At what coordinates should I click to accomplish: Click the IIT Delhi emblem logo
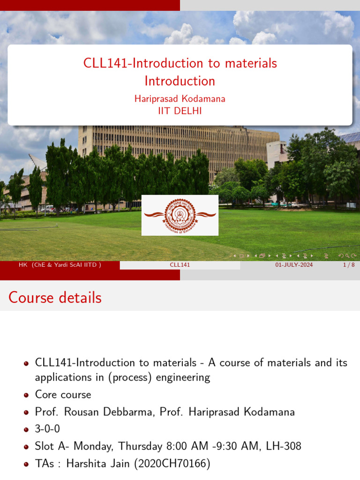pyautogui.click(x=180, y=215)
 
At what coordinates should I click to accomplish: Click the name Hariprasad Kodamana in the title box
pyautogui.click(x=180, y=99)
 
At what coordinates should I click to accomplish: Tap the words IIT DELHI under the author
pyautogui.click(x=180, y=111)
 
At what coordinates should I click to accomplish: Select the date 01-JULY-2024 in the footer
pyautogui.click(x=294, y=265)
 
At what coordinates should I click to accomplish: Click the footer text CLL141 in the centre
pyautogui.click(x=180, y=265)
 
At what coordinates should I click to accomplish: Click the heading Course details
pyautogui.click(x=55, y=298)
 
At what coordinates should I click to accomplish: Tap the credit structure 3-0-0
pyautogui.click(x=47, y=429)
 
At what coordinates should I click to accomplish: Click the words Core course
pyautogui.click(x=63, y=394)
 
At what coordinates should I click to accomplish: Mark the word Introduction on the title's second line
pyautogui.click(x=180, y=81)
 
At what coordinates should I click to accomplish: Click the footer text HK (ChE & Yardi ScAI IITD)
pyautogui.click(x=60, y=265)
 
